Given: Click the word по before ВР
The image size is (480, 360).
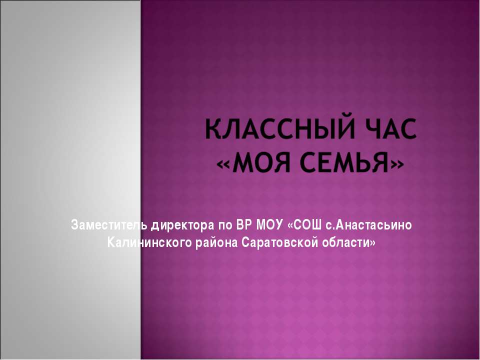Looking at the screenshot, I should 221,225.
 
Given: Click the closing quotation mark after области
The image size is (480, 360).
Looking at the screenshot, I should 371,243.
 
